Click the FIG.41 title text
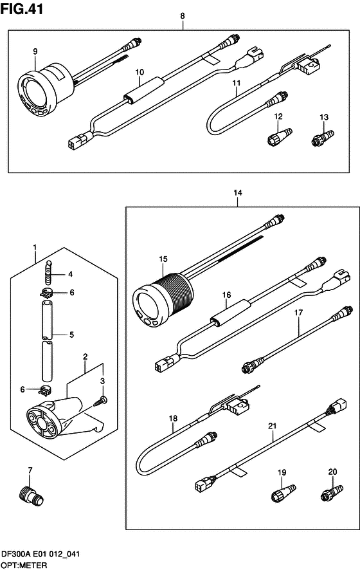(x=22, y=9)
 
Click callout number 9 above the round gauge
(x=35, y=51)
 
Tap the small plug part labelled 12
(x=280, y=136)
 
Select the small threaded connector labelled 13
(x=323, y=138)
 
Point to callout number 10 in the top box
(x=139, y=72)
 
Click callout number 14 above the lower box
(x=238, y=192)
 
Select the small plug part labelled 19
(x=283, y=492)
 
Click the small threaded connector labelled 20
(x=332, y=492)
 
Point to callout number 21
(x=272, y=426)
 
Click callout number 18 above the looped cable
(x=173, y=418)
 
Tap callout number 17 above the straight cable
(x=299, y=313)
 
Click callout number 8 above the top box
(x=183, y=15)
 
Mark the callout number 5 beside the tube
(x=71, y=335)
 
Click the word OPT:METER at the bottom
(x=24, y=566)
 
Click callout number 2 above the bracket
(x=85, y=356)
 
